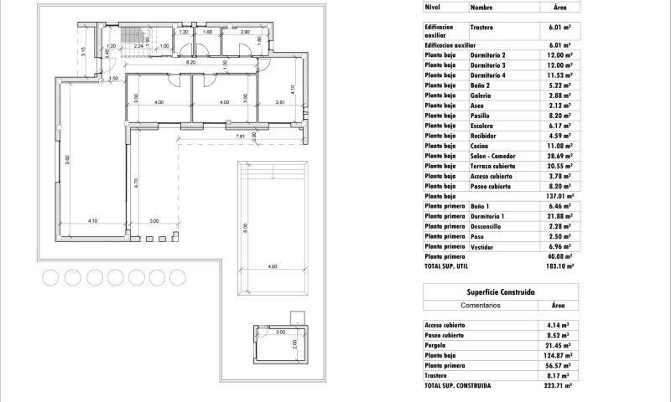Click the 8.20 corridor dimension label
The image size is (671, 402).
click(190, 62)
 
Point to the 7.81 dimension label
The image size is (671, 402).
click(240, 136)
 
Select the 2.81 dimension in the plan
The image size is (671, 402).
click(280, 102)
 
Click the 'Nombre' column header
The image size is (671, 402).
click(481, 6)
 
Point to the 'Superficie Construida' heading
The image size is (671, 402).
click(501, 291)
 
